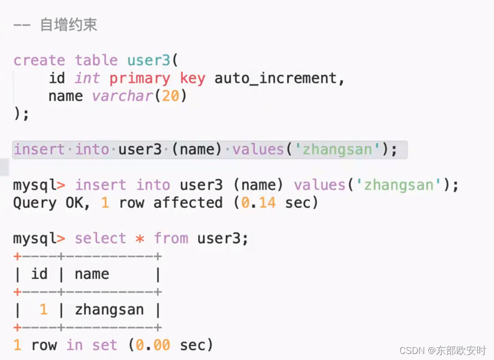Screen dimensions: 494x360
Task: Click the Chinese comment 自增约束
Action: [x=68, y=25]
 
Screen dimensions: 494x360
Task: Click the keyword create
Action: [x=39, y=61]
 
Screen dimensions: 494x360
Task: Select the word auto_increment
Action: [x=279, y=78]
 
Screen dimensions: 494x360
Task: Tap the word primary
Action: [x=140, y=78]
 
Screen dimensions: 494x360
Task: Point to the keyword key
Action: [x=193, y=78]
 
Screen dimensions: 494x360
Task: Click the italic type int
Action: [x=87, y=78]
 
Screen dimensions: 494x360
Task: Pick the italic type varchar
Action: [x=122, y=96]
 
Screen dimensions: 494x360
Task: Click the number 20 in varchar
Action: [x=170, y=96]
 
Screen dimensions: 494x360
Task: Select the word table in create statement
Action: [x=96, y=61]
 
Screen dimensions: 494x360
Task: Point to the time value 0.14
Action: [x=258, y=203]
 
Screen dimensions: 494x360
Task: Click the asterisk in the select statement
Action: [x=140, y=239]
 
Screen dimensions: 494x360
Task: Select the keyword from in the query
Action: [x=171, y=239]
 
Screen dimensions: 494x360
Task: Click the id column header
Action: [x=39, y=274]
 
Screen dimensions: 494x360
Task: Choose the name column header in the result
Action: [x=92, y=274]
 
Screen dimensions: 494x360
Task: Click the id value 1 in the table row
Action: [x=43, y=309]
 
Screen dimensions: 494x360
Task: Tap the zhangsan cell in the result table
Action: [x=109, y=309]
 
